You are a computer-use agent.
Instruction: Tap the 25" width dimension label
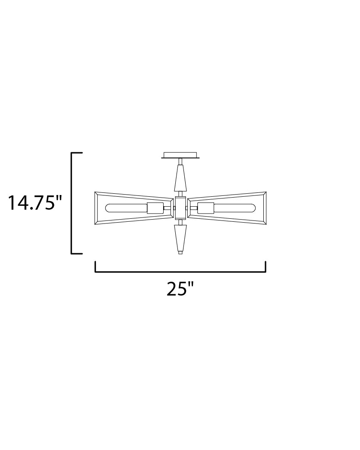coord(180,289)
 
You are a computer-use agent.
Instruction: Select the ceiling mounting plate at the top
coord(180,155)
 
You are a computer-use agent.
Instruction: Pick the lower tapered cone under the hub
coord(180,238)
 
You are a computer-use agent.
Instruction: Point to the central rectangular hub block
coord(180,208)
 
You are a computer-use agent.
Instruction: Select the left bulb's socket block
coord(154,208)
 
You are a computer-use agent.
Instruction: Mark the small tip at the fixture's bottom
coord(180,253)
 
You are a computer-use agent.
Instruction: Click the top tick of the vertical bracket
coord(77,153)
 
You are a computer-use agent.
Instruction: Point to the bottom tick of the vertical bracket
coord(77,253)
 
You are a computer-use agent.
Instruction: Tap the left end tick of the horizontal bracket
coord(95,267)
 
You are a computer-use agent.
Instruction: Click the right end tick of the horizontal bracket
coord(265,267)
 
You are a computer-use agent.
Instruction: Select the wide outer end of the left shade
coord(98,208)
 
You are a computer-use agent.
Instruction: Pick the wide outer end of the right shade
coord(263,208)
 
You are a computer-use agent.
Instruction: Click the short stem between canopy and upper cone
coord(180,162)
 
